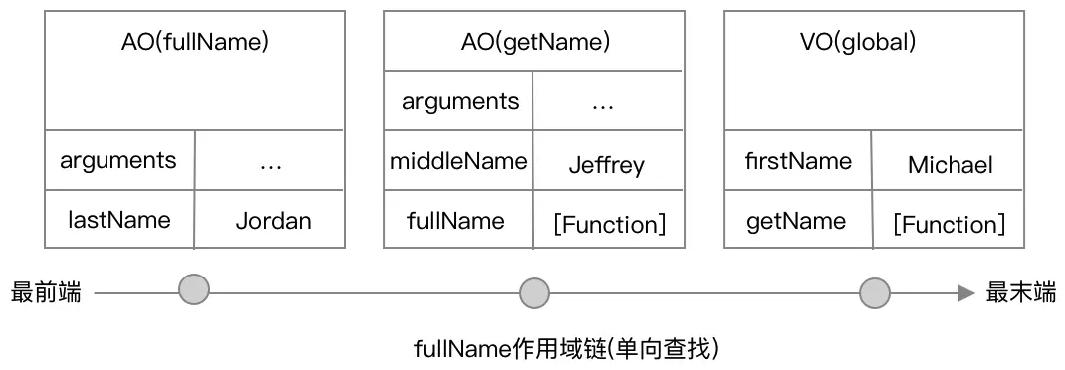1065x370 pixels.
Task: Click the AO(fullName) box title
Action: [194, 42]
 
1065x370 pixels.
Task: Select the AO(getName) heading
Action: [533, 42]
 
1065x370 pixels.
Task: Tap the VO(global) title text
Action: [872, 42]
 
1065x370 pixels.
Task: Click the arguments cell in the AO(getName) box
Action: [460, 101]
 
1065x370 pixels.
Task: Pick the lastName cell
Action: [118, 220]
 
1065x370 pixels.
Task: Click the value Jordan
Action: [273, 221]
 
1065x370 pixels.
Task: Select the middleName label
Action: [459, 161]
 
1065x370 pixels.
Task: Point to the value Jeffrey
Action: [606, 165]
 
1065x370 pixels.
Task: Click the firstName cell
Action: [798, 161]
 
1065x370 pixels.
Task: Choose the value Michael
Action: [950, 165]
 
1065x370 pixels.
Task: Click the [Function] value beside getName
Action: [949, 224]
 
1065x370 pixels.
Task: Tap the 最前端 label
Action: [45, 292]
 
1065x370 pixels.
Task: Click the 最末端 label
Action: [1020, 292]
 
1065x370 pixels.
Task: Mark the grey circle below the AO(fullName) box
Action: [194, 291]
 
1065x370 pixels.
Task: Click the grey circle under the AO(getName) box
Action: [534, 292]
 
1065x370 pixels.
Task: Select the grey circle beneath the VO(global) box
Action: [874, 292]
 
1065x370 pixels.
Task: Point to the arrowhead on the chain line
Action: [964, 292]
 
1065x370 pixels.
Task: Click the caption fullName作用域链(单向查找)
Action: [565, 349]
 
